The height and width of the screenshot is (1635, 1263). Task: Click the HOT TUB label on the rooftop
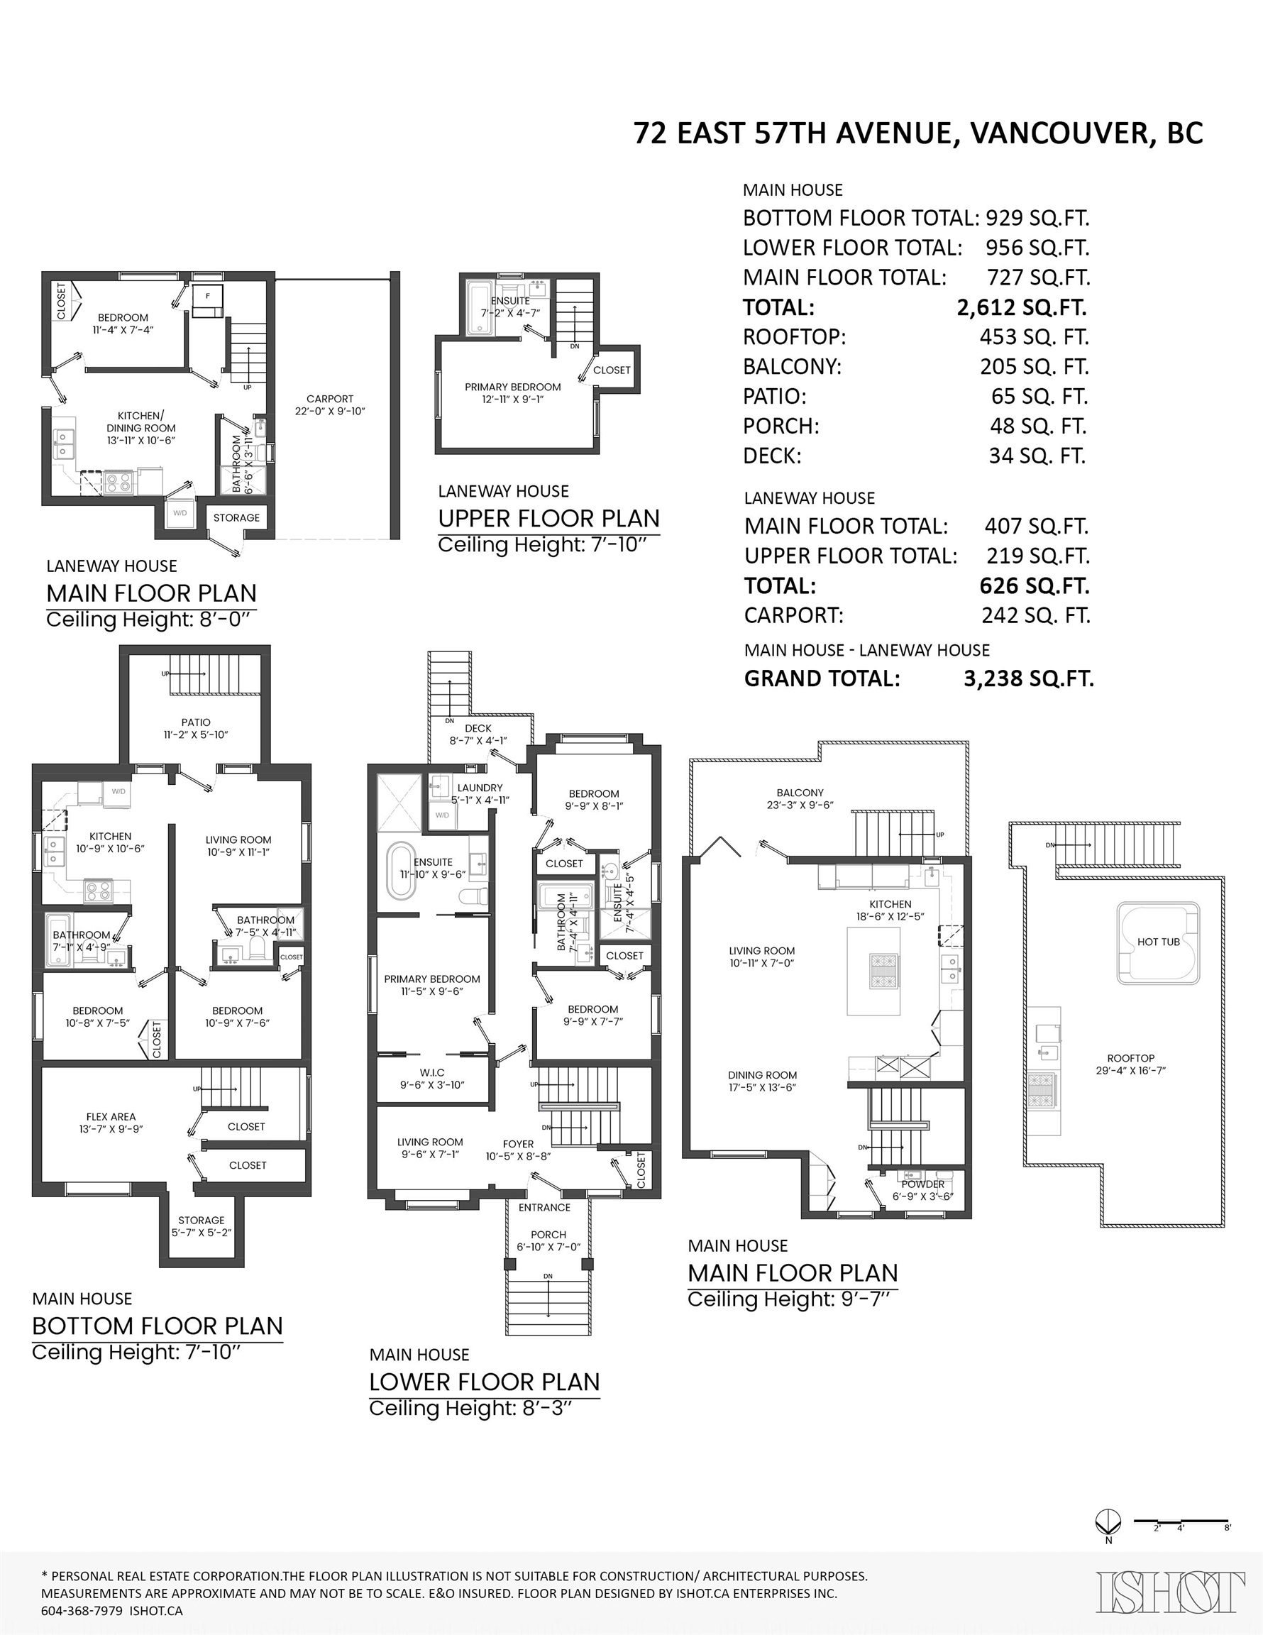(1158, 942)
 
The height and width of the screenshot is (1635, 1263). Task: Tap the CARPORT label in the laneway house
(329, 399)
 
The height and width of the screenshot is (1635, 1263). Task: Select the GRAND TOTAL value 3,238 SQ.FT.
(1029, 678)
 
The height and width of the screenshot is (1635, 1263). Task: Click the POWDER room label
(923, 1184)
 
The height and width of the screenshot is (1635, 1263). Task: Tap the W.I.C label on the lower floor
(432, 1073)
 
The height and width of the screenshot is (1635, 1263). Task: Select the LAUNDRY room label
(480, 788)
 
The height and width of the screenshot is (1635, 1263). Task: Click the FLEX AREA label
(111, 1116)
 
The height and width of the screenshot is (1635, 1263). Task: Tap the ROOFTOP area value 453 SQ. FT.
(1034, 337)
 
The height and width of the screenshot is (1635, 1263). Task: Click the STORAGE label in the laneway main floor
(236, 517)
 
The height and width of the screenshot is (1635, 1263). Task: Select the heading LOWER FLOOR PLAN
(485, 1381)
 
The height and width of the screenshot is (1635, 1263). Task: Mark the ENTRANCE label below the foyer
(544, 1207)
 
